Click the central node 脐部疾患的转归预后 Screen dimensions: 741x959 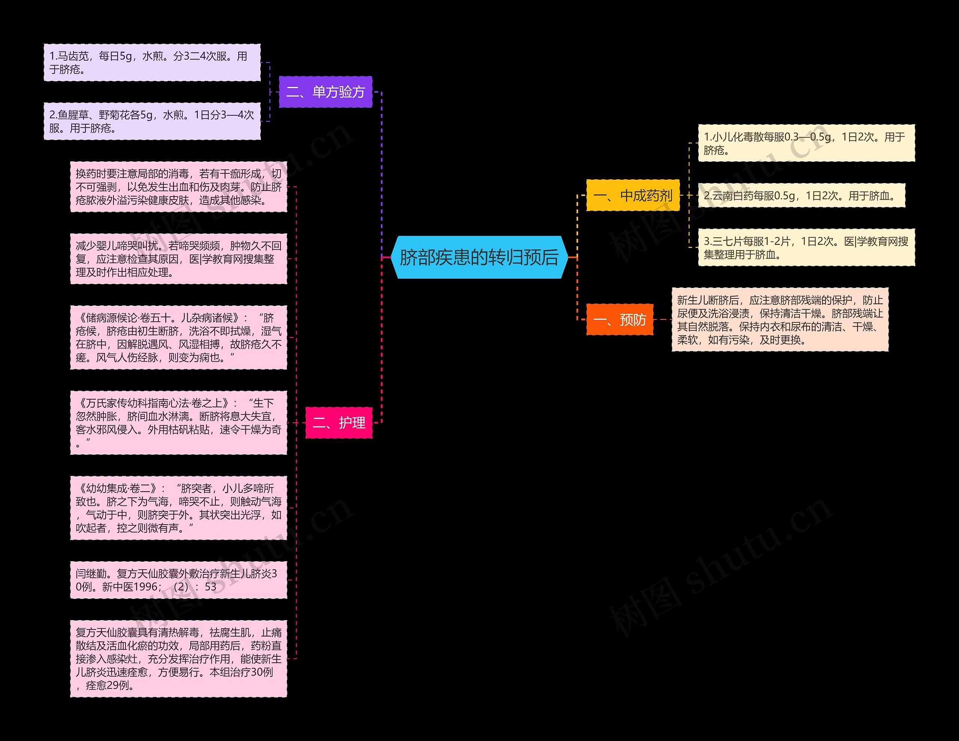(479, 257)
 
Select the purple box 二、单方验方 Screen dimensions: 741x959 (326, 92)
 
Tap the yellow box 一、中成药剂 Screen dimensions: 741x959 (633, 195)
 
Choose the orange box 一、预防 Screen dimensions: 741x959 (620, 320)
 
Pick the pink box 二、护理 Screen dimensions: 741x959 (339, 423)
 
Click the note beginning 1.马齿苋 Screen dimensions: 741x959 (152, 62)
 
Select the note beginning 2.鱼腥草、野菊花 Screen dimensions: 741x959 (152, 121)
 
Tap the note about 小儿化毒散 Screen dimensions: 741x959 (806, 143)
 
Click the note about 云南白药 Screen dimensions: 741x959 (801, 196)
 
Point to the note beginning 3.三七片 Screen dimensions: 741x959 (806, 247)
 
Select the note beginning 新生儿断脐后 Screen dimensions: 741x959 (780, 320)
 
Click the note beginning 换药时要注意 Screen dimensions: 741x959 (178, 187)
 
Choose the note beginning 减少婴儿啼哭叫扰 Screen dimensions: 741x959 (178, 259)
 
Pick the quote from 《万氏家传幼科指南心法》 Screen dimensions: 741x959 (178, 422)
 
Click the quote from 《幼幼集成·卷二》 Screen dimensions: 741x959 (178, 508)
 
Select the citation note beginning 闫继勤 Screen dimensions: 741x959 (178, 580)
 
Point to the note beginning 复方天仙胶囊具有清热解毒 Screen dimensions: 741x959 (178, 659)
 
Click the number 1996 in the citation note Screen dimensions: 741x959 (145, 587)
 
